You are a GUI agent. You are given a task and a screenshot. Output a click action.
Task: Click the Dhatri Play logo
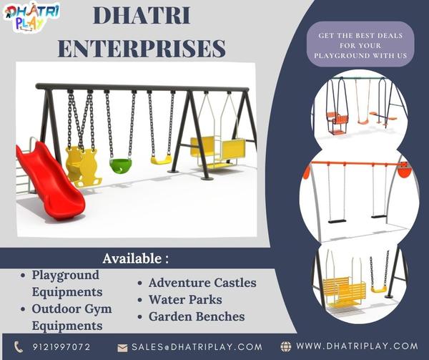click(31, 17)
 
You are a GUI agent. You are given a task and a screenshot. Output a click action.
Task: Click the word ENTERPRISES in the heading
click(142, 49)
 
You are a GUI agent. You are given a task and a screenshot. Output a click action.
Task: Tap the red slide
click(49, 180)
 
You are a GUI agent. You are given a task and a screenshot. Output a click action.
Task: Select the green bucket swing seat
click(120, 165)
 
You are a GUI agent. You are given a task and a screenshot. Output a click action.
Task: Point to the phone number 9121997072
click(61, 347)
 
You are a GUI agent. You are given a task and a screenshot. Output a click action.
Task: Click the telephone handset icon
click(19, 347)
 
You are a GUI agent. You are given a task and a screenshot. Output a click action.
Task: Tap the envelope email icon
click(122, 348)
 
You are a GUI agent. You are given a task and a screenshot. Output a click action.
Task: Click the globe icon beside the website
click(286, 346)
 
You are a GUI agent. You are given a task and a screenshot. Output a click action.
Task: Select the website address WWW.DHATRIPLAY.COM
click(357, 346)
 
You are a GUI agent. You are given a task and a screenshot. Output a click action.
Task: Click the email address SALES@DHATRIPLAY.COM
click(197, 347)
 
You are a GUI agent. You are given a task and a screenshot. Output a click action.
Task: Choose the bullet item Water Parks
click(185, 299)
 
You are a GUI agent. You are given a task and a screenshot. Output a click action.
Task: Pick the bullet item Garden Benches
click(197, 316)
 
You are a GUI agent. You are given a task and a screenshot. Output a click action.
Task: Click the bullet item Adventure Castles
click(202, 283)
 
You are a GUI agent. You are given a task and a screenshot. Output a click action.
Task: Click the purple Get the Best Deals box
click(360, 44)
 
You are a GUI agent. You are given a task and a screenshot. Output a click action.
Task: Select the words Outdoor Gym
click(72, 309)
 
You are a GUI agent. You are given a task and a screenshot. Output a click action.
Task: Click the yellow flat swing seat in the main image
click(162, 160)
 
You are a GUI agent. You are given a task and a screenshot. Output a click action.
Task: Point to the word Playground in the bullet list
click(65, 276)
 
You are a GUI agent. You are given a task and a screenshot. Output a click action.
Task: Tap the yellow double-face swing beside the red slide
click(83, 166)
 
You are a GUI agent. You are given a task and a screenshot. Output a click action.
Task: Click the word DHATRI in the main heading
click(142, 16)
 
